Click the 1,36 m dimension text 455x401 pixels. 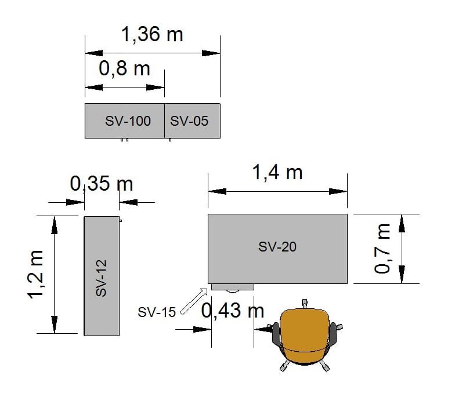coord(152,34)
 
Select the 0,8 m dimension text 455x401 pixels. coord(124,68)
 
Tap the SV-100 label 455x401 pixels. coord(128,121)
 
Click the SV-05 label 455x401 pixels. coord(189,121)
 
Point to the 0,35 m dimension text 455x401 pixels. coord(102,184)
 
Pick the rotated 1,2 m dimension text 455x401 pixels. coord(35,275)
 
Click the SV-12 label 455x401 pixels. coord(101,278)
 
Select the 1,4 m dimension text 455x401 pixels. coord(277,172)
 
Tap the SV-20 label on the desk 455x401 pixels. coord(277,247)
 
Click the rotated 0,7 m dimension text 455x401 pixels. coord(382,249)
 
